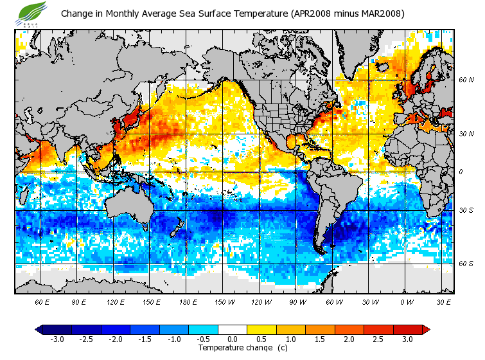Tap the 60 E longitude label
pyautogui.click(x=42, y=301)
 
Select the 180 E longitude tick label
pyautogui.click(x=189, y=301)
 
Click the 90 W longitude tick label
pyautogui.click(x=298, y=301)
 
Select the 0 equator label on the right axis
pyautogui.click(x=461, y=172)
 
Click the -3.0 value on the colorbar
pyautogui.click(x=57, y=339)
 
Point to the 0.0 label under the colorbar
pyautogui.click(x=233, y=339)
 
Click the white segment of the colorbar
pyautogui.click(x=233, y=329)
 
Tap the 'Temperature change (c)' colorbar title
pyautogui.click(x=243, y=348)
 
